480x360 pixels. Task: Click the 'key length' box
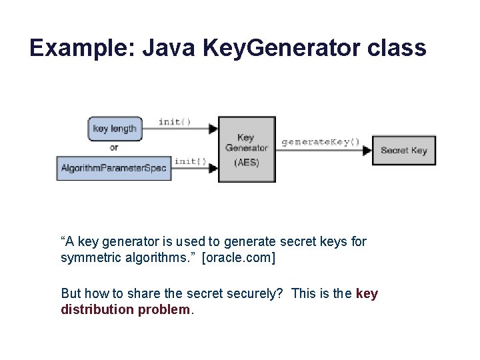[x=115, y=128]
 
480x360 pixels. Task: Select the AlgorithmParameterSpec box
[x=113, y=167]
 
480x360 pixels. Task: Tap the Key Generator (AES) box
[x=247, y=149]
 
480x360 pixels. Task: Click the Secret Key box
[x=403, y=150]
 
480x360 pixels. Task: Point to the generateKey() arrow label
[x=321, y=141]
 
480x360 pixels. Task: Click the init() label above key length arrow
[x=175, y=121]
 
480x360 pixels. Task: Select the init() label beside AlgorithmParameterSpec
[x=190, y=161]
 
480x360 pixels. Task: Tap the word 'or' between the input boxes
[x=114, y=147]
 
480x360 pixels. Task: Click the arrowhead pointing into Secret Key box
[x=367, y=151]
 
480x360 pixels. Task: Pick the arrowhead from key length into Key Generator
[x=213, y=129]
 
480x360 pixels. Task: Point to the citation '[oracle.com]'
[x=238, y=257]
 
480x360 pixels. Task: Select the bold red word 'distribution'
[x=97, y=309]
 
